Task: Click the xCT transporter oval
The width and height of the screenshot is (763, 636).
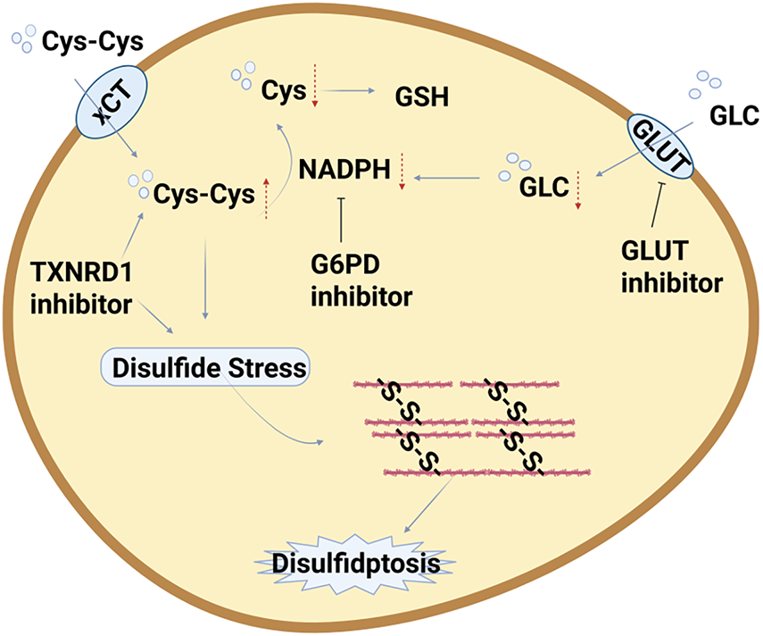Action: click(x=112, y=102)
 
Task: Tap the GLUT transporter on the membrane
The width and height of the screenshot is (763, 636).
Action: click(x=660, y=146)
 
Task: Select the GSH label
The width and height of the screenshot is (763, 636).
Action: click(x=422, y=96)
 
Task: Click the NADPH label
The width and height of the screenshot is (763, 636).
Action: click(x=344, y=170)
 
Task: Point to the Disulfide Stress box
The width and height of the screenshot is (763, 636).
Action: click(x=205, y=367)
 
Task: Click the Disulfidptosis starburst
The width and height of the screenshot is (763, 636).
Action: click(x=356, y=564)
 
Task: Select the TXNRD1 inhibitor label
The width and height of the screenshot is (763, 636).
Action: click(x=81, y=289)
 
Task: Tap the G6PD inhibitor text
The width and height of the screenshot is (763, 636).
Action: click(x=361, y=280)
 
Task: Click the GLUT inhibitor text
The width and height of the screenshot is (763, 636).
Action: click(x=672, y=267)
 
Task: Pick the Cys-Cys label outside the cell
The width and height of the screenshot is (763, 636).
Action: click(x=93, y=42)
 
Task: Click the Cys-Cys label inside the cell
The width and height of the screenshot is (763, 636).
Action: click(x=203, y=195)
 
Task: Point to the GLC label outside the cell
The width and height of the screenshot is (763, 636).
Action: click(x=734, y=116)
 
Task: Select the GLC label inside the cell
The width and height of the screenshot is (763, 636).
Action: click(x=544, y=187)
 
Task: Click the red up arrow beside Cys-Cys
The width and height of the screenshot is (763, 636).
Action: click(x=266, y=198)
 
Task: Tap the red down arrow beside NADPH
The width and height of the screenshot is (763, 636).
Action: click(x=402, y=172)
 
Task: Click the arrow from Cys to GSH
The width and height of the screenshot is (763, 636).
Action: click(x=348, y=90)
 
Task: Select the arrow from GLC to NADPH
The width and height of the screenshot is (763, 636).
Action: click(x=447, y=178)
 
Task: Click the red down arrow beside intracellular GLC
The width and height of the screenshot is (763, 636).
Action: click(x=578, y=190)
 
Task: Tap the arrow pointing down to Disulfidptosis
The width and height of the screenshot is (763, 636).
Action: click(x=428, y=504)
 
